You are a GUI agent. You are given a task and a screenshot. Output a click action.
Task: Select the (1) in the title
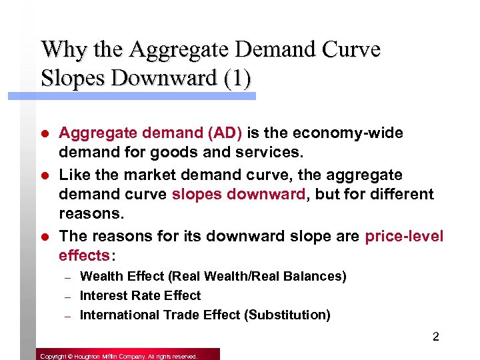tap(236, 78)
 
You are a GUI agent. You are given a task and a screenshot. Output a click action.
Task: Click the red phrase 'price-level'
tap(404, 236)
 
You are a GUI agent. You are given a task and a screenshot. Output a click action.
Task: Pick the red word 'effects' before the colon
tap(83, 256)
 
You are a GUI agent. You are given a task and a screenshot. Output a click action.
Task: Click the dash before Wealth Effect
tap(67, 277)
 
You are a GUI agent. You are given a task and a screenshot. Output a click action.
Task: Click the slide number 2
tap(435, 337)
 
